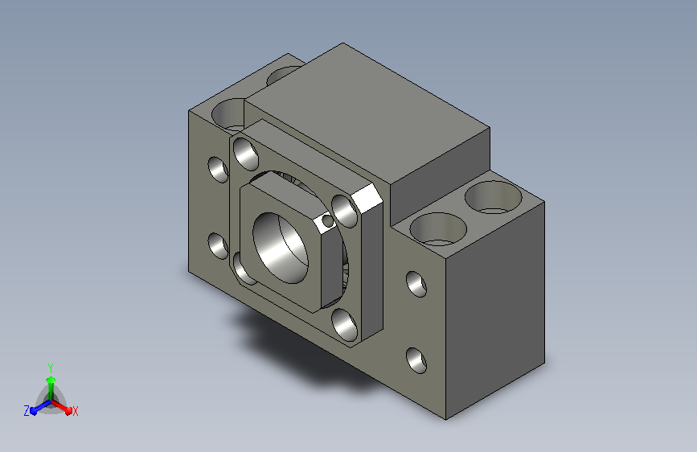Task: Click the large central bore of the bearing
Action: [281, 248]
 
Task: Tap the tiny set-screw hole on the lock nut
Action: [328, 220]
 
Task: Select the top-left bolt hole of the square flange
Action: [246, 154]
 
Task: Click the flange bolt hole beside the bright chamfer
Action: [345, 212]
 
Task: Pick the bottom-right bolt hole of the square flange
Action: [345, 325]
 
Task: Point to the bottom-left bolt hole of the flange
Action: [242, 269]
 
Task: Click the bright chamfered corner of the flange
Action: [367, 199]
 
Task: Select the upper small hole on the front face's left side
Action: [218, 169]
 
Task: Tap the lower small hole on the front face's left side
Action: [218, 246]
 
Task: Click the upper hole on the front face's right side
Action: [416, 284]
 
